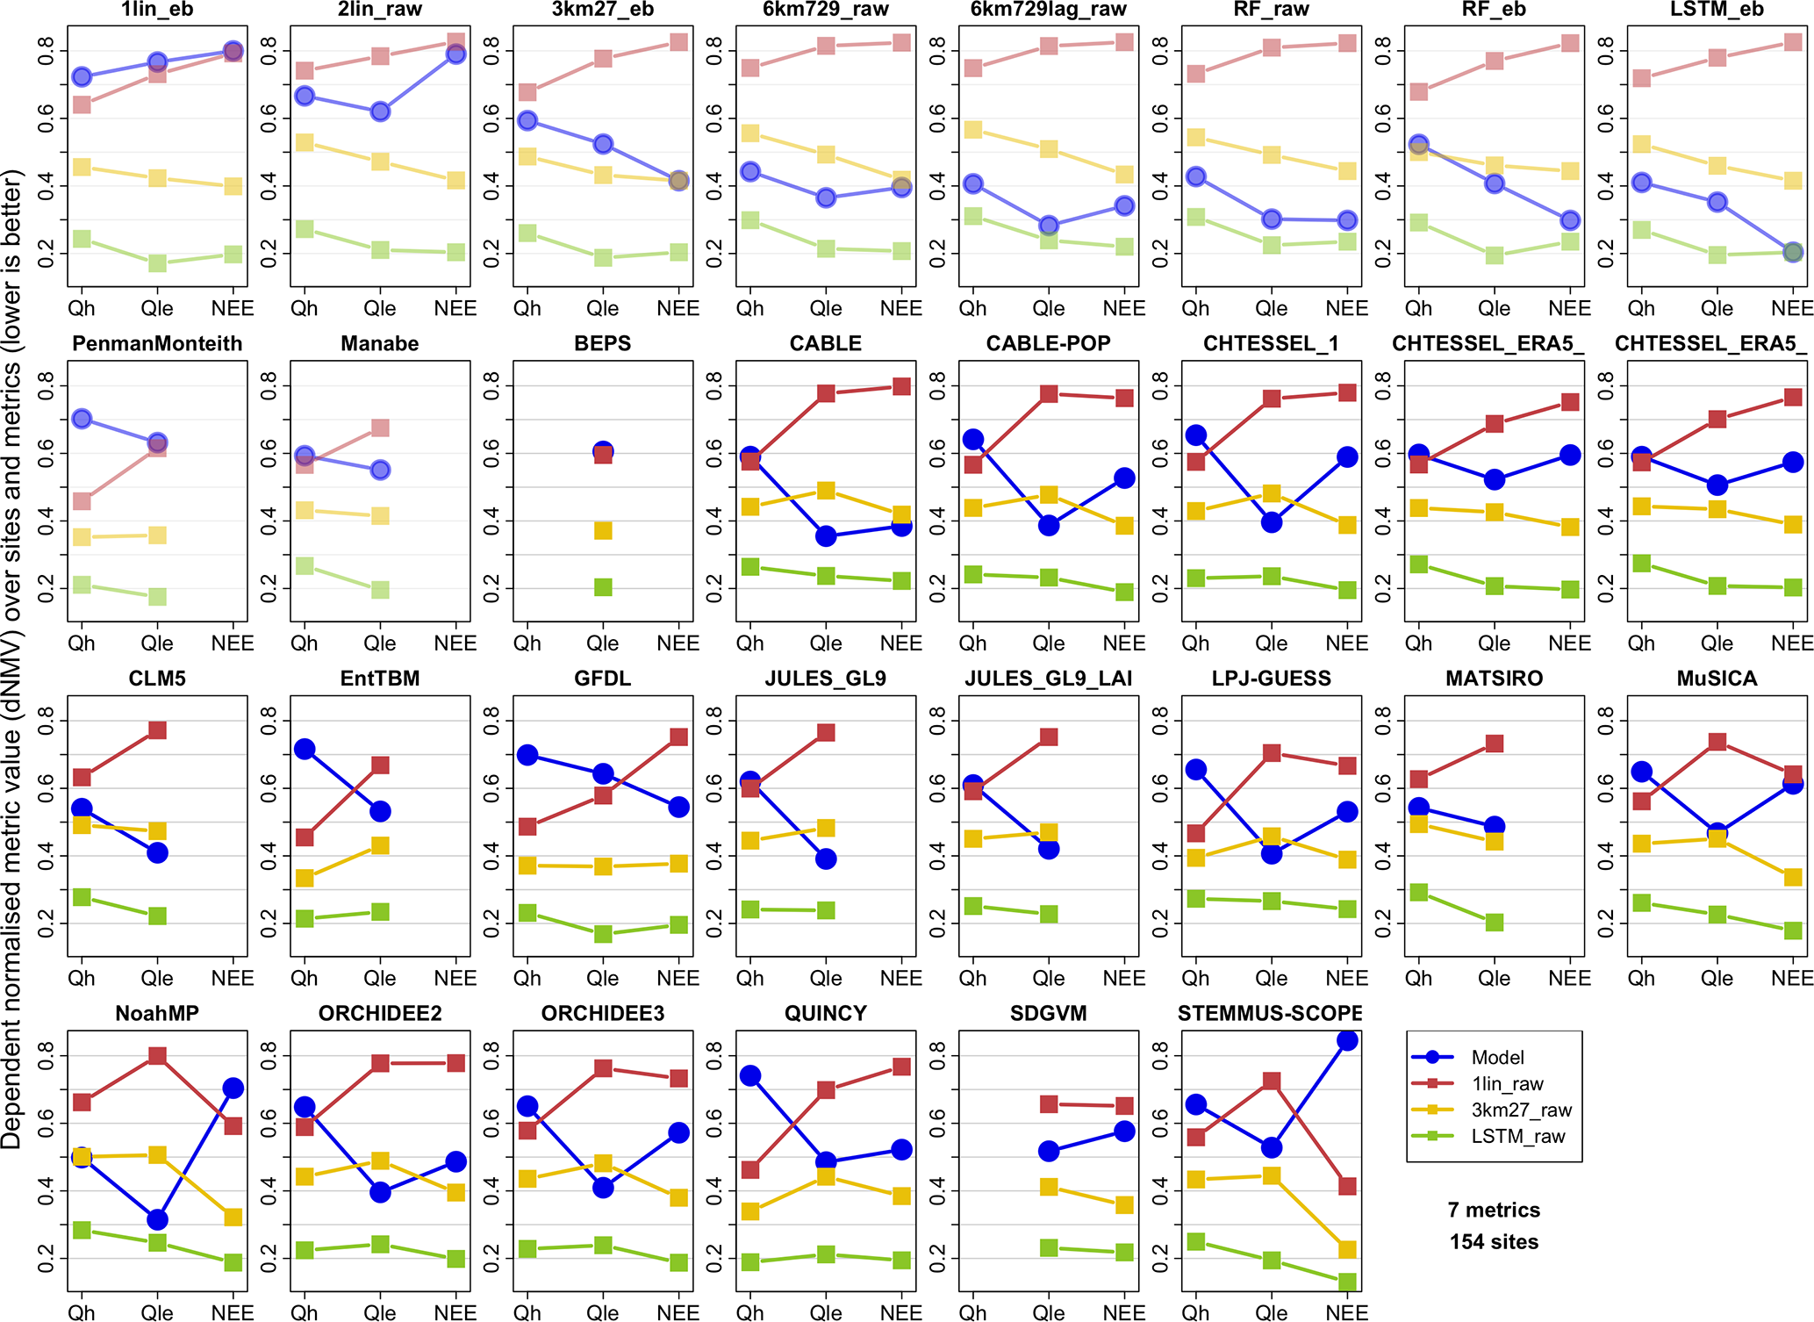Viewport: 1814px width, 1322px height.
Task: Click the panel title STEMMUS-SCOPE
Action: click(1270, 1014)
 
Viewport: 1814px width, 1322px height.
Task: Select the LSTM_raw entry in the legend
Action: click(1518, 1136)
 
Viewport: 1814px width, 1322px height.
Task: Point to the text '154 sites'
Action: click(1494, 1242)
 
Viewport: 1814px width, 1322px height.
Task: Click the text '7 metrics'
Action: click(1494, 1211)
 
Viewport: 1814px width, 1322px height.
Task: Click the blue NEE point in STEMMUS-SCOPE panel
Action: click(1347, 1040)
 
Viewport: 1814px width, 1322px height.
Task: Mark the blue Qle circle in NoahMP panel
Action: click(157, 1219)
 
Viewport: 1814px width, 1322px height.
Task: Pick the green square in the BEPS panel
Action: click(603, 587)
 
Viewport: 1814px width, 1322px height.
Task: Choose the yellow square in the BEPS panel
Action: click(603, 530)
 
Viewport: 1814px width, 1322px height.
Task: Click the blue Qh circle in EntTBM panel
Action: click(305, 749)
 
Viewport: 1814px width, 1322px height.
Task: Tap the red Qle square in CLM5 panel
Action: click(157, 730)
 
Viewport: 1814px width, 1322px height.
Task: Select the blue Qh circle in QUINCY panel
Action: click(750, 1076)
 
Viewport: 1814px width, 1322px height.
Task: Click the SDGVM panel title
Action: click(1048, 1014)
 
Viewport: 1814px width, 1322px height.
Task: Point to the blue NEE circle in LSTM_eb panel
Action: click(1793, 252)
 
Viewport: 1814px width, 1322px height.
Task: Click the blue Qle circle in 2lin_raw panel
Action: click(380, 111)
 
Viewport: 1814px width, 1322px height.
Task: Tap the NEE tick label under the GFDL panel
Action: click(678, 979)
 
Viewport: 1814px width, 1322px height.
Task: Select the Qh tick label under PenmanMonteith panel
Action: click(82, 643)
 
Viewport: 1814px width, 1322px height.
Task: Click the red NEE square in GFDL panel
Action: click(678, 736)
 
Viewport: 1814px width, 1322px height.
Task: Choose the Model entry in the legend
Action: click(1497, 1057)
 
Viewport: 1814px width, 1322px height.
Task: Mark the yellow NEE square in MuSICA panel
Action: click(1793, 876)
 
